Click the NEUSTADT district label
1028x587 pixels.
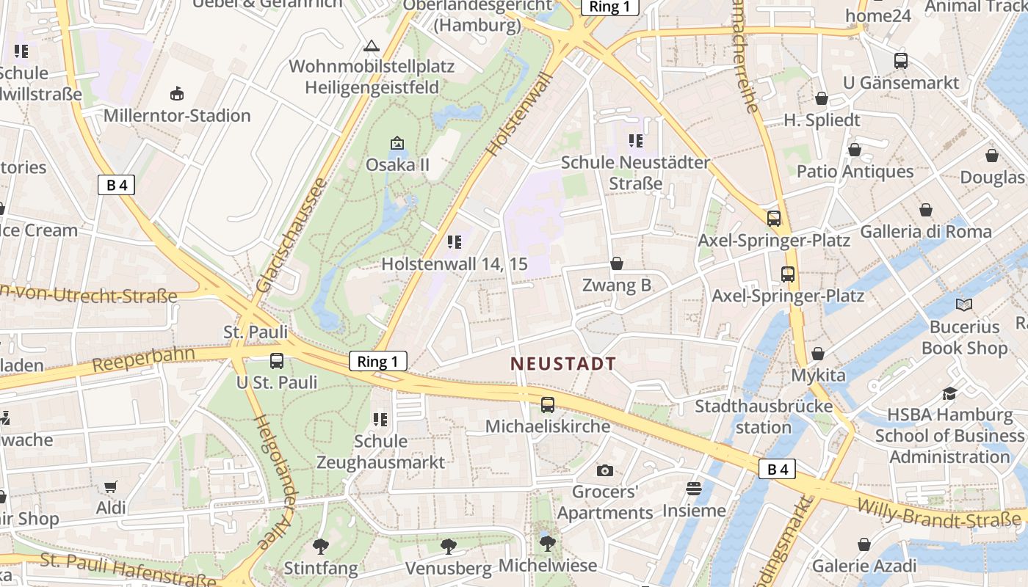tap(563, 363)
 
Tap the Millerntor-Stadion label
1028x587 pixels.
tap(177, 115)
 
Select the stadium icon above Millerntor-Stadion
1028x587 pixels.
tap(177, 94)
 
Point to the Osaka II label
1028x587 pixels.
tap(397, 164)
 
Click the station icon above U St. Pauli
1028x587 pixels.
tap(277, 361)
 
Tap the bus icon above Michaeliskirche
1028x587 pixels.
tap(548, 404)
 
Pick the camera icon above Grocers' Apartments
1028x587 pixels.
tap(605, 470)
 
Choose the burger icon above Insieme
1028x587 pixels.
tap(694, 488)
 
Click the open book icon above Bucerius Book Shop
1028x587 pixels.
tap(964, 305)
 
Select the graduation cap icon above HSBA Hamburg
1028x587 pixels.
tap(950, 393)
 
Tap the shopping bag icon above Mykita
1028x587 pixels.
tap(818, 354)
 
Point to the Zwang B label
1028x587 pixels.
tap(617, 285)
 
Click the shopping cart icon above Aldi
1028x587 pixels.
tap(111, 486)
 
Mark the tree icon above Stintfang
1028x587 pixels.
tap(320, 546)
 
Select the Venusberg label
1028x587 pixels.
tap(448, 568)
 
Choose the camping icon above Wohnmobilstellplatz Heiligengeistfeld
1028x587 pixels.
tap(372, 46)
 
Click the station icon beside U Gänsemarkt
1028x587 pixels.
tap(901, 61)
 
